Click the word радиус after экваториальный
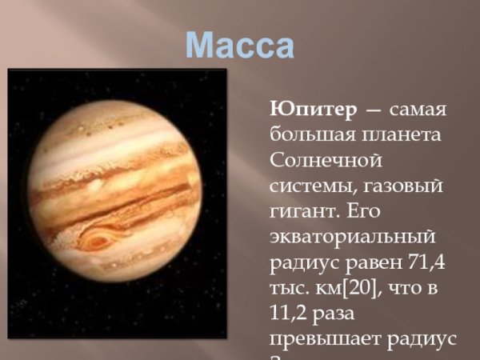302,262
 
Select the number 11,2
292,314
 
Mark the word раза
348,314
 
